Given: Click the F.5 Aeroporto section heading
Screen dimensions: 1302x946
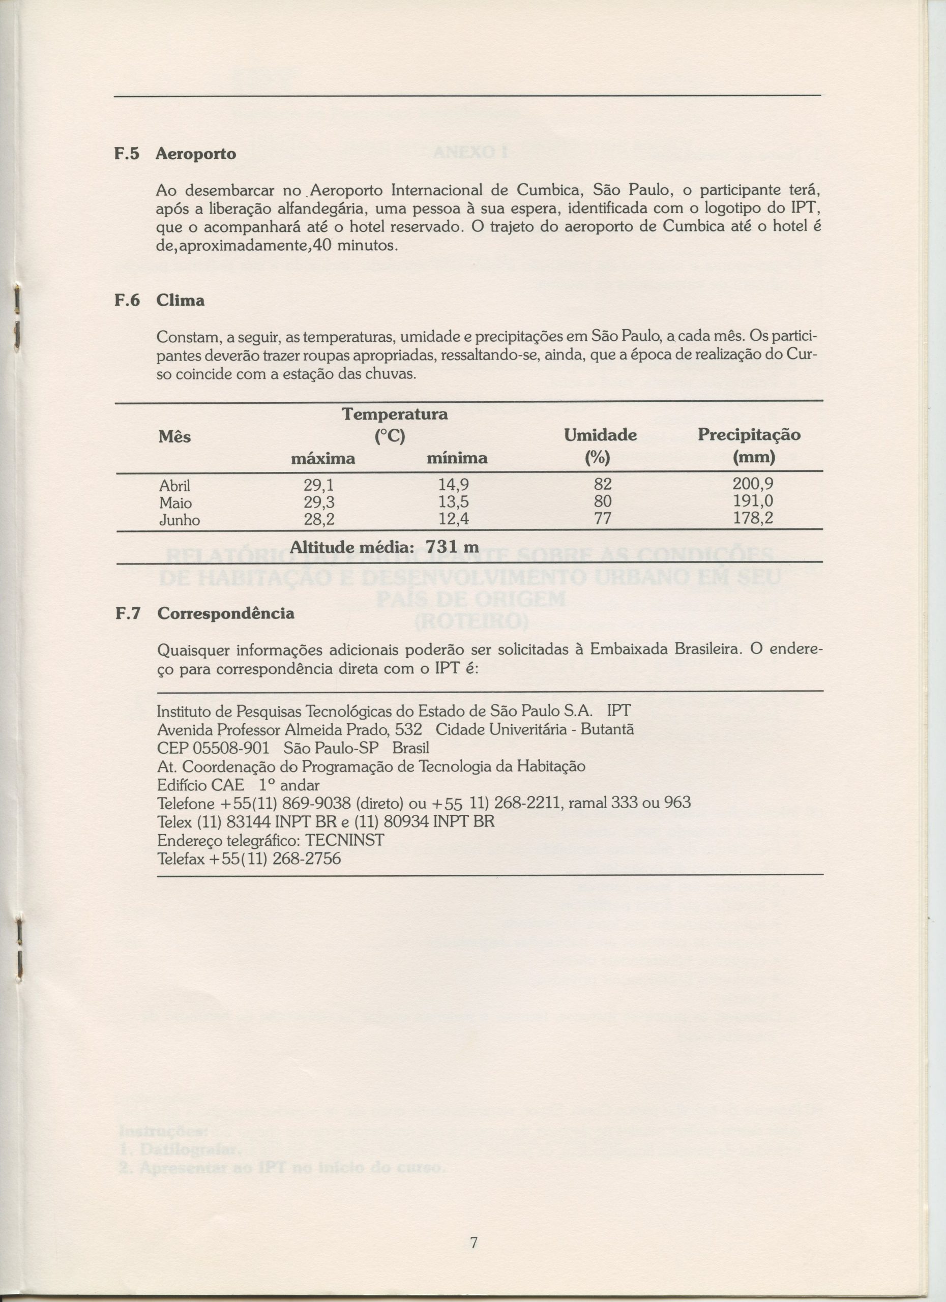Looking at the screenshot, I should point(175,154).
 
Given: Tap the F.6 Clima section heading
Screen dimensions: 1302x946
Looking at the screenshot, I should point(160,300).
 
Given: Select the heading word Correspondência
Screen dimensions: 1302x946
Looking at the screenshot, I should point(226,613).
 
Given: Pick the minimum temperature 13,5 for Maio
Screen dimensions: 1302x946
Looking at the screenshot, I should point(454,502).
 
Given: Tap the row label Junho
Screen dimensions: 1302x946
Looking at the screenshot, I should point(179,520).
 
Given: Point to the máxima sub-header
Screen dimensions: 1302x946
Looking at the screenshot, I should point(322,459).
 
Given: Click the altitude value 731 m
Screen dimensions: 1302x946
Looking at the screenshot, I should point(452,547).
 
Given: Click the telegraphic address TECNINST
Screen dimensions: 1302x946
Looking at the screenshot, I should point(344,840).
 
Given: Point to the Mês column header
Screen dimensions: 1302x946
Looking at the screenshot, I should point(174,437).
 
